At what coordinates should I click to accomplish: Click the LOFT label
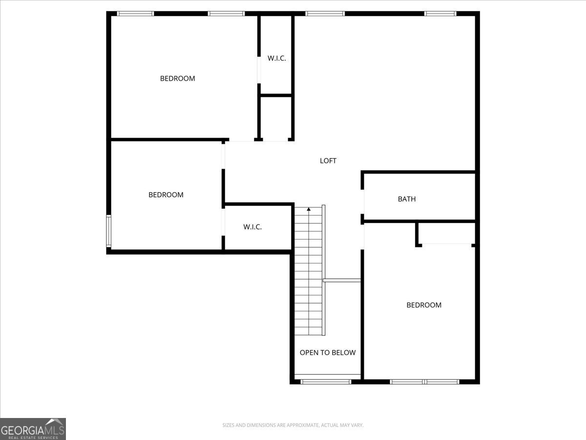tap(328, 160)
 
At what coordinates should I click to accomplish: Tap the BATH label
tap(407, 199)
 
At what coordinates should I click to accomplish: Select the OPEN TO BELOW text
tap(327, 352)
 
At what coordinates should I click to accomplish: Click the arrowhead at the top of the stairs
tap(309, 209)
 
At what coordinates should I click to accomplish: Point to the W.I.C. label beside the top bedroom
tap(276, 58)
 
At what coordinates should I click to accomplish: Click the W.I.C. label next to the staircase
tap(252, 227)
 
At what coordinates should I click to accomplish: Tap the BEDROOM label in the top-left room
tap(177, 78)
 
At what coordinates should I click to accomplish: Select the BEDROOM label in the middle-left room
tap(166, 195)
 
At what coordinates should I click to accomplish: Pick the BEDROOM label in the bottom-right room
tap(424, 305)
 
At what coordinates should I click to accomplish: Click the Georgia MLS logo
tap(33, 429)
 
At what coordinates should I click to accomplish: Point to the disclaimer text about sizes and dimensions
tap(293, 425)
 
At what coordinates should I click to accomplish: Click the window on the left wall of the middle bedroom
tap(109, 231)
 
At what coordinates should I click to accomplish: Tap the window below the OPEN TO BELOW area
tap(326, 381)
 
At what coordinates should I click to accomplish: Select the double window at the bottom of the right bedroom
tap(424, 381)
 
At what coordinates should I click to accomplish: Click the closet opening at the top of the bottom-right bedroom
tap(446, 244)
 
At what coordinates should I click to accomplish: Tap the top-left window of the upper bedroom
tap(135, 14)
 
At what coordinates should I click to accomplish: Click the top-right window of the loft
tap(440, 14)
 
